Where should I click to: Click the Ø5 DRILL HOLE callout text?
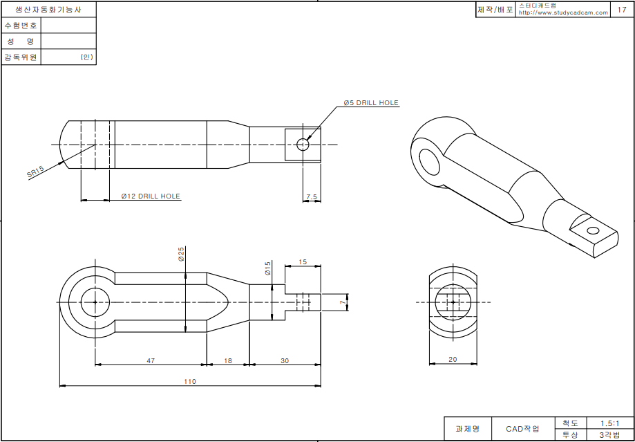coord(371,103)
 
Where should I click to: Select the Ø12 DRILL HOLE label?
coord(151,196)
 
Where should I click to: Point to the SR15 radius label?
coord(35,172)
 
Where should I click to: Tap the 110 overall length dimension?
coord(189,381)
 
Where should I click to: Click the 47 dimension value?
coord(151,360)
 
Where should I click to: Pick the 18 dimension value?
coord(227,360)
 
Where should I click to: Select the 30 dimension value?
coord(285,360)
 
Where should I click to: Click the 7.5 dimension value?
coord(311,197)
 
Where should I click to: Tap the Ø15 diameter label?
coord(268,268)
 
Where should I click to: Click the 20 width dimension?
coord(453,358)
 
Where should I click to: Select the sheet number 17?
coord(622,10)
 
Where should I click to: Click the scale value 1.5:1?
coord(609,423)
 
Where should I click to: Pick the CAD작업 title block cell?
coord(523,429)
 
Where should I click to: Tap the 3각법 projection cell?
coord(609,434)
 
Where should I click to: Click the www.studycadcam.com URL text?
coord(563,12)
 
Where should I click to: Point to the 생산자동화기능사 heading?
coord(48,10)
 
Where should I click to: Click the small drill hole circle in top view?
coord(303,145)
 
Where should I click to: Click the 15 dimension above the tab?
coord(303,262)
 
